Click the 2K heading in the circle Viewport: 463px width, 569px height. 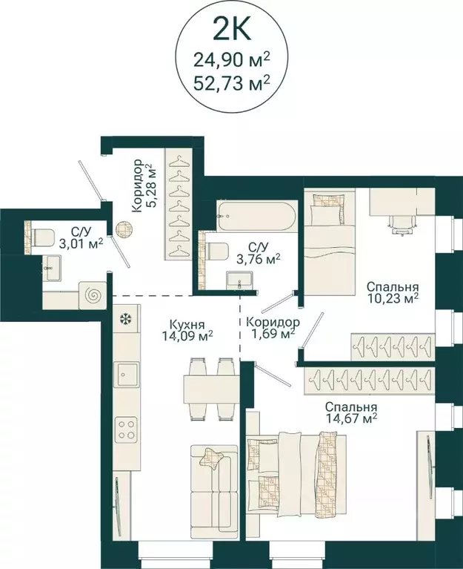tap(231, 30)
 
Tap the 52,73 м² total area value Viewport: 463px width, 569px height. tap(232, 83)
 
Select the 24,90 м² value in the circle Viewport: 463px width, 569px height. tap(232, 59)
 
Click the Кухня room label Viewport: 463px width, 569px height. tap(187, 324)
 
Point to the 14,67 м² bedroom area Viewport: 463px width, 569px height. tap(351, 418)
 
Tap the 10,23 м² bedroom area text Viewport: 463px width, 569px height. tap(393, 298)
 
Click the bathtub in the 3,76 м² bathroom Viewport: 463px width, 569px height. tap(257, 216)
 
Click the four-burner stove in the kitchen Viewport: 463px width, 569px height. tap(126, 430)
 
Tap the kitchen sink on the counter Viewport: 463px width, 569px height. tap(126, 375)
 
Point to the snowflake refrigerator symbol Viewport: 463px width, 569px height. tap(126, 319)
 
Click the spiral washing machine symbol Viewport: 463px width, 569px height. tap(93, 295)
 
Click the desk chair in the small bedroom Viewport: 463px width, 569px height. tap(402, 223)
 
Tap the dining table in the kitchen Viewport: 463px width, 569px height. tap(212, 389)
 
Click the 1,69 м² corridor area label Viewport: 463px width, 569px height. tap(273, 328)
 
